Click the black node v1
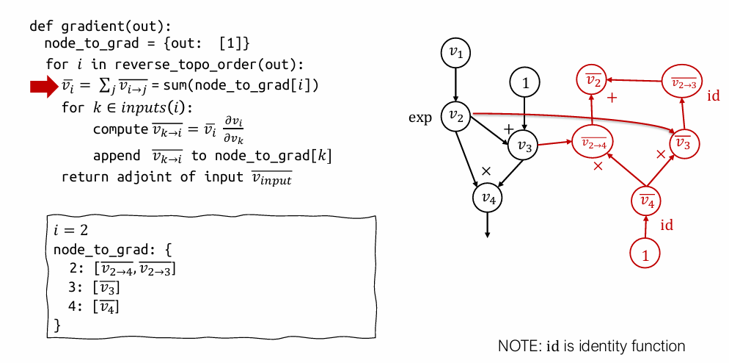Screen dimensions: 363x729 click(x=456, y=54)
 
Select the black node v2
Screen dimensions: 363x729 click(x=456, y=116)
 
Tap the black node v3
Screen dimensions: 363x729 click(x=524, y=145)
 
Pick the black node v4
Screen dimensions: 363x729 click(x=488, y=197)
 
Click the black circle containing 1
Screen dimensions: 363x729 click(x=524, y=83)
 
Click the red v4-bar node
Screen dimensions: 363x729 click(x=647, y=200)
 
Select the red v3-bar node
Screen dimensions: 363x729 click(x=683, y=143)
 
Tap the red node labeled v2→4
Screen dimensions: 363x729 click(x=593, y=143)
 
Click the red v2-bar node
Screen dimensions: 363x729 click(x=593, y=80)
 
